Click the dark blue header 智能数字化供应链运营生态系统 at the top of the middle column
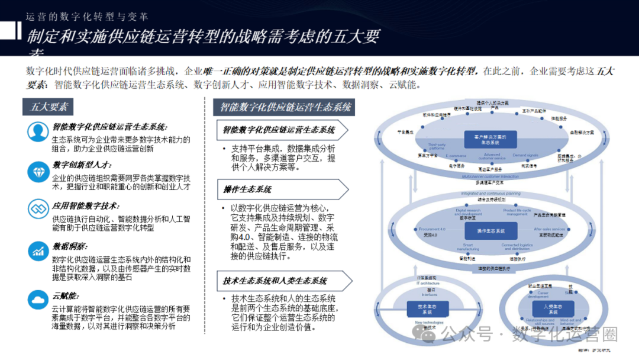[x=285, y=107]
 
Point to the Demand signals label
[x=525, y=155]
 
